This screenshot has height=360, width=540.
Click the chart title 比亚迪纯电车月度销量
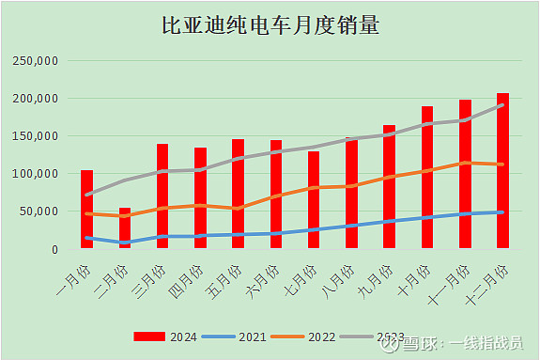tap(270, 25)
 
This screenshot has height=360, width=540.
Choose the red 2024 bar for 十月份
tap(427, 178)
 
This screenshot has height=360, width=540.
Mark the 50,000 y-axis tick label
tap(40, 211)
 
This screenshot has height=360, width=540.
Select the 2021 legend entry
tap(239, 336)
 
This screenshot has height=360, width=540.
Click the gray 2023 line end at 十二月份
tap(502, 105)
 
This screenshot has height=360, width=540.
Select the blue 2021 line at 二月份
tap(125, 243)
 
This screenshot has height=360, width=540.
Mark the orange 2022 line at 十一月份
tap(465, 163)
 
